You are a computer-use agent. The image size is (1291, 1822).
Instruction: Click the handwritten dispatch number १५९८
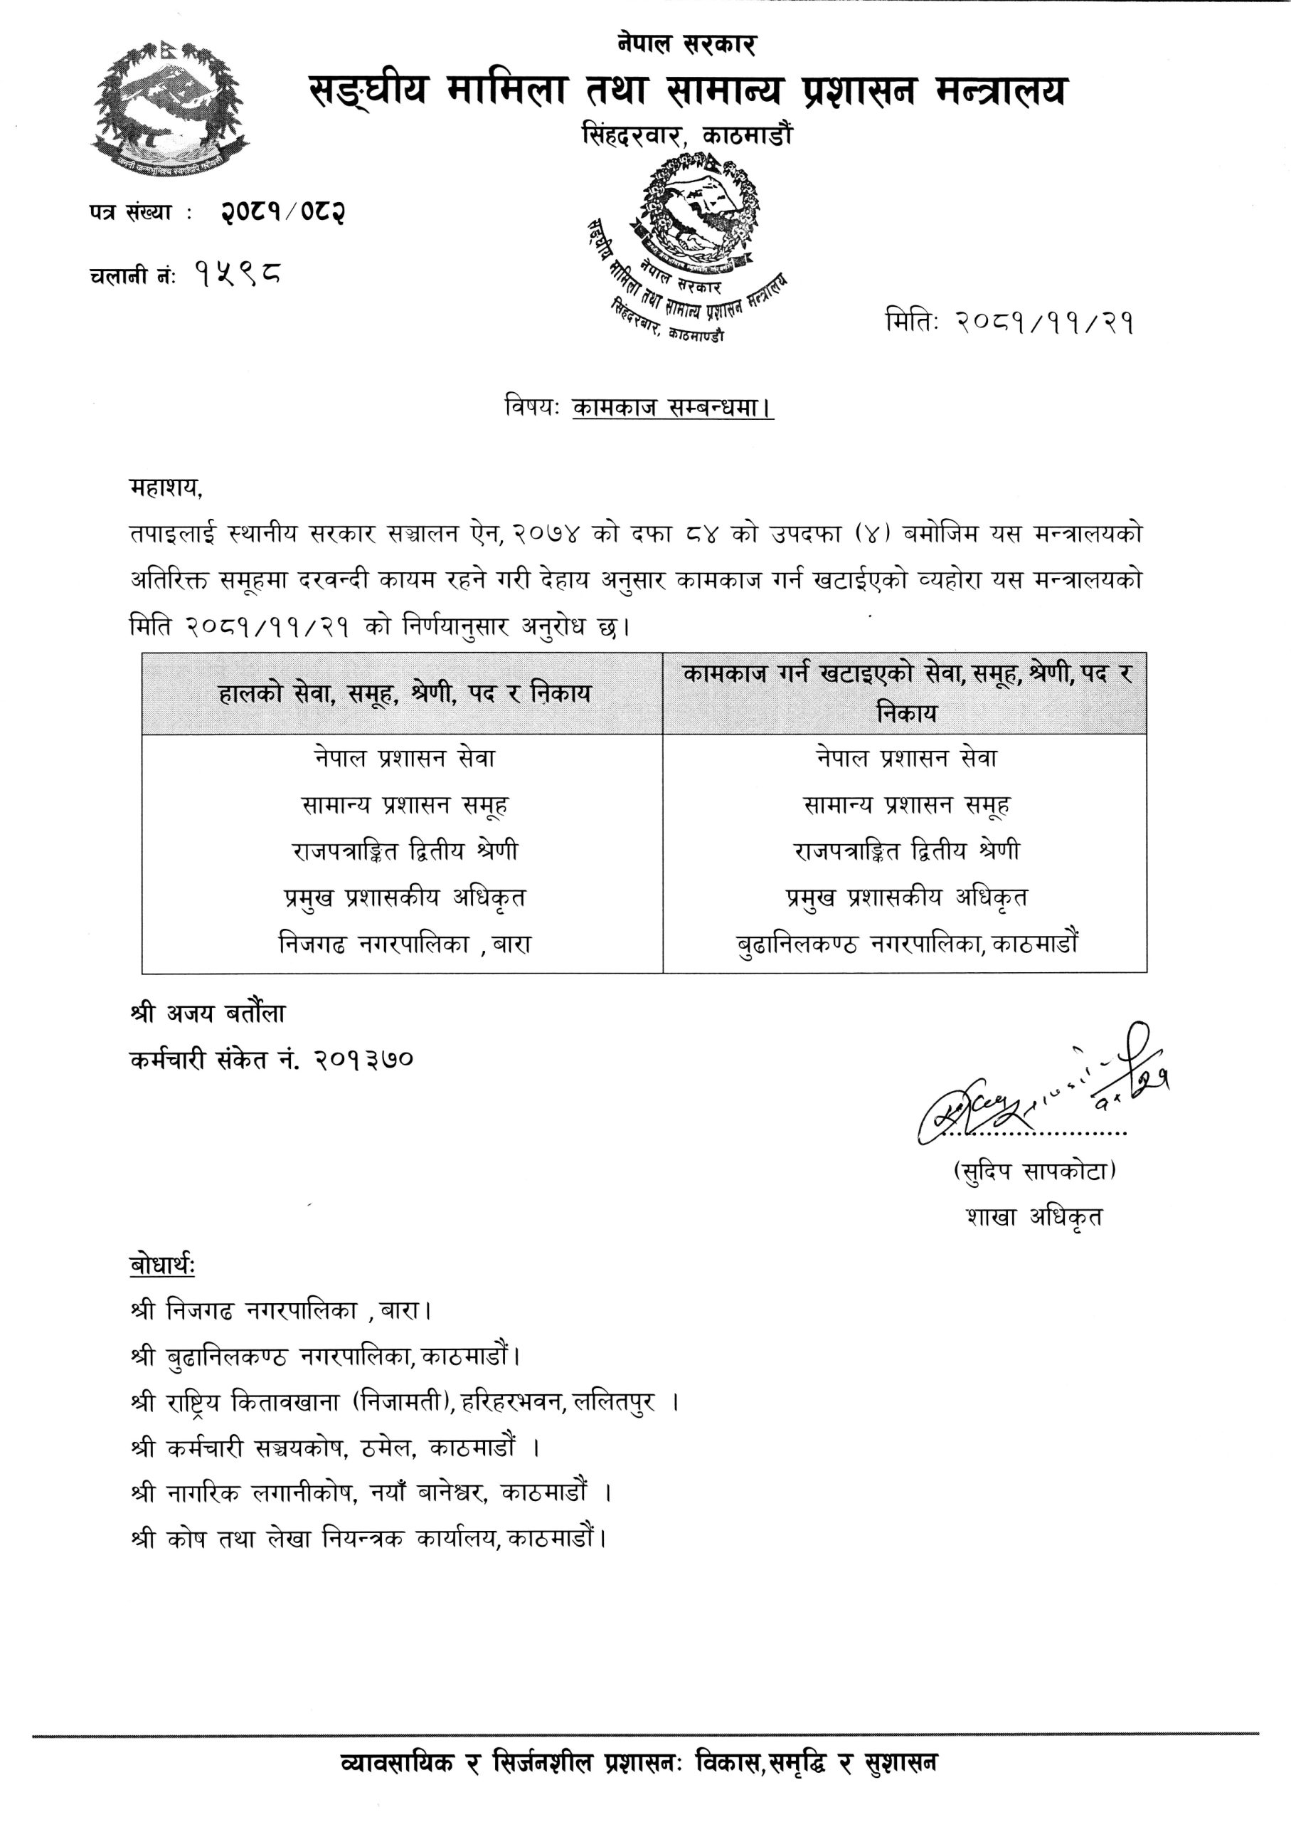[x=238, y=275]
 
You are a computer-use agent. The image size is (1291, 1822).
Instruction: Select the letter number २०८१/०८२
[x=283, y=212]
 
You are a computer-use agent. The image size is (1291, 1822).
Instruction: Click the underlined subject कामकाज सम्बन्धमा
[x=672, y=408]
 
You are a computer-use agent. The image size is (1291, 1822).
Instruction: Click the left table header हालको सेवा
[x=405, y=693]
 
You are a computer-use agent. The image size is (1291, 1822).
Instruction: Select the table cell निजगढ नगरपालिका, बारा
[x=405, y=944]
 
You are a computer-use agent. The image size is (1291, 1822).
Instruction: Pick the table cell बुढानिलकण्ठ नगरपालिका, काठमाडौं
[x=907, y=944]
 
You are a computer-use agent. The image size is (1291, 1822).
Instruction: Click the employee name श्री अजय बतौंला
[x=208, y=1013]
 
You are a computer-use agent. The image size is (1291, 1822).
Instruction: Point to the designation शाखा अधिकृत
[x=1034, y=1217]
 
